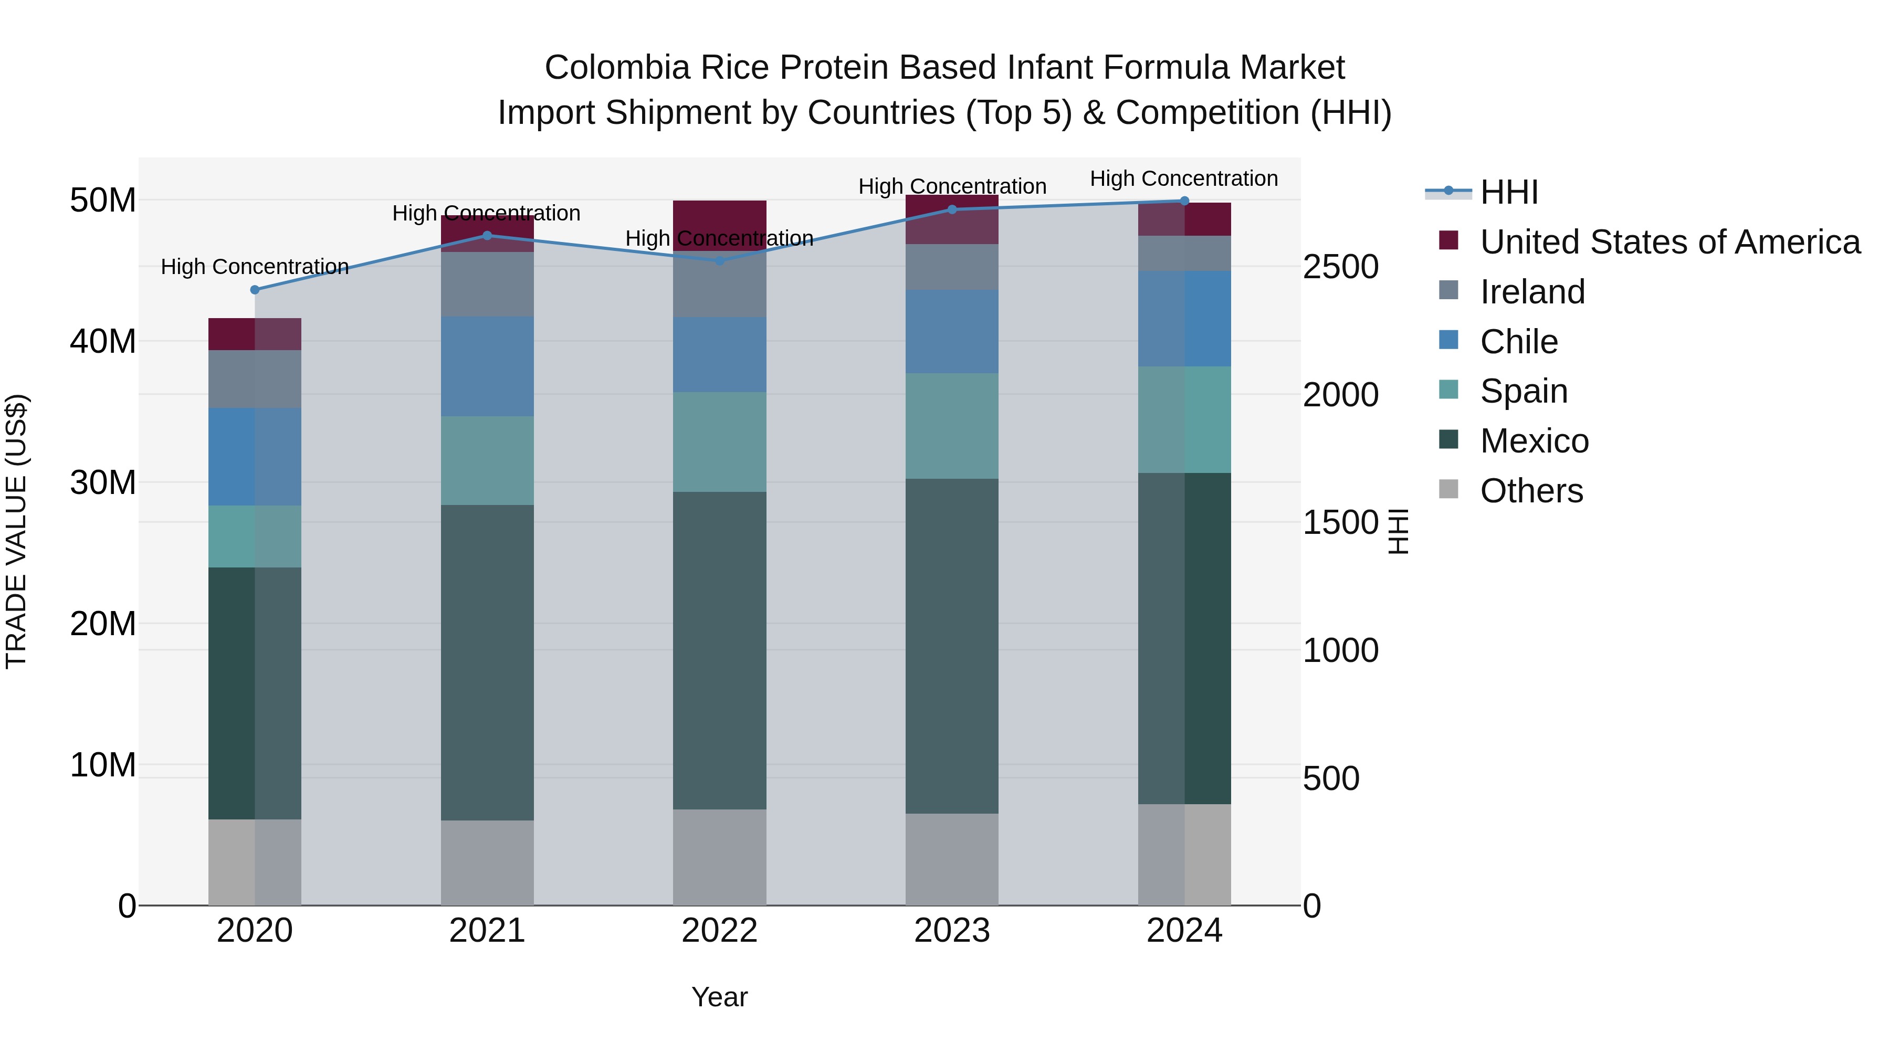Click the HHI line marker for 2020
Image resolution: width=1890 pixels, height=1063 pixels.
255,290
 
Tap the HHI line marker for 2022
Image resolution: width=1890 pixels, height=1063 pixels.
719,260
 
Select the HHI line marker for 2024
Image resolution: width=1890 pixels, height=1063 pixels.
1184,201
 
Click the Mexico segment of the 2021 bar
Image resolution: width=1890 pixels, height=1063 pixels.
487,662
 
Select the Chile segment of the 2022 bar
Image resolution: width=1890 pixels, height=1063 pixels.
719,354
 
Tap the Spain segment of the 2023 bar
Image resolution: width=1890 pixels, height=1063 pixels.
952,426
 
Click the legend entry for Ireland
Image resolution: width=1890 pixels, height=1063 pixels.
1532,292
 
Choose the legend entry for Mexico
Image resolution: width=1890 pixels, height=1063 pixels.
1534,441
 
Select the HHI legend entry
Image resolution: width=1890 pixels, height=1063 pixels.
1508,192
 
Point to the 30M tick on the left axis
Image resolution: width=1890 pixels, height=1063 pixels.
103,483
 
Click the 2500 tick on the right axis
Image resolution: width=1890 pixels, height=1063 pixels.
1340,267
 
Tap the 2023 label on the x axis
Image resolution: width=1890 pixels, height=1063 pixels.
952,931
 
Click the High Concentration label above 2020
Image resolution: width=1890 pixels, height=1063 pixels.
255,266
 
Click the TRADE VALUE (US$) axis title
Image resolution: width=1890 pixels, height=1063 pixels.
16,531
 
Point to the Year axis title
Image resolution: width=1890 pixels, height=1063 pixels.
719,997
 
